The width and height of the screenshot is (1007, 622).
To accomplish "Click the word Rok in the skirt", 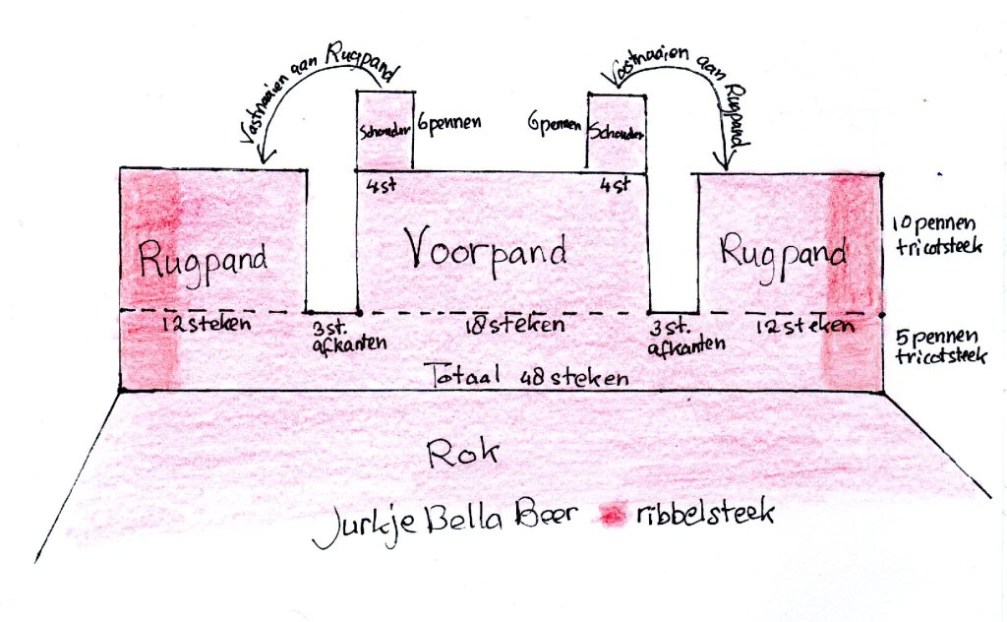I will (x=463, y=453).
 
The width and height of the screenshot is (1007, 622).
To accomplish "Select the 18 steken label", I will (x=517, y=324).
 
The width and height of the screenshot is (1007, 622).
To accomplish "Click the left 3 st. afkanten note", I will (x=337, y=335).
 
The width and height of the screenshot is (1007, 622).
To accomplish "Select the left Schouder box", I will (x=385, y=132).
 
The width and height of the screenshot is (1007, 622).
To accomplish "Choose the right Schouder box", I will (x=617, y=132).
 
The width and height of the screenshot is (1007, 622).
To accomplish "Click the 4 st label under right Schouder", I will (x=617, y=184).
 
